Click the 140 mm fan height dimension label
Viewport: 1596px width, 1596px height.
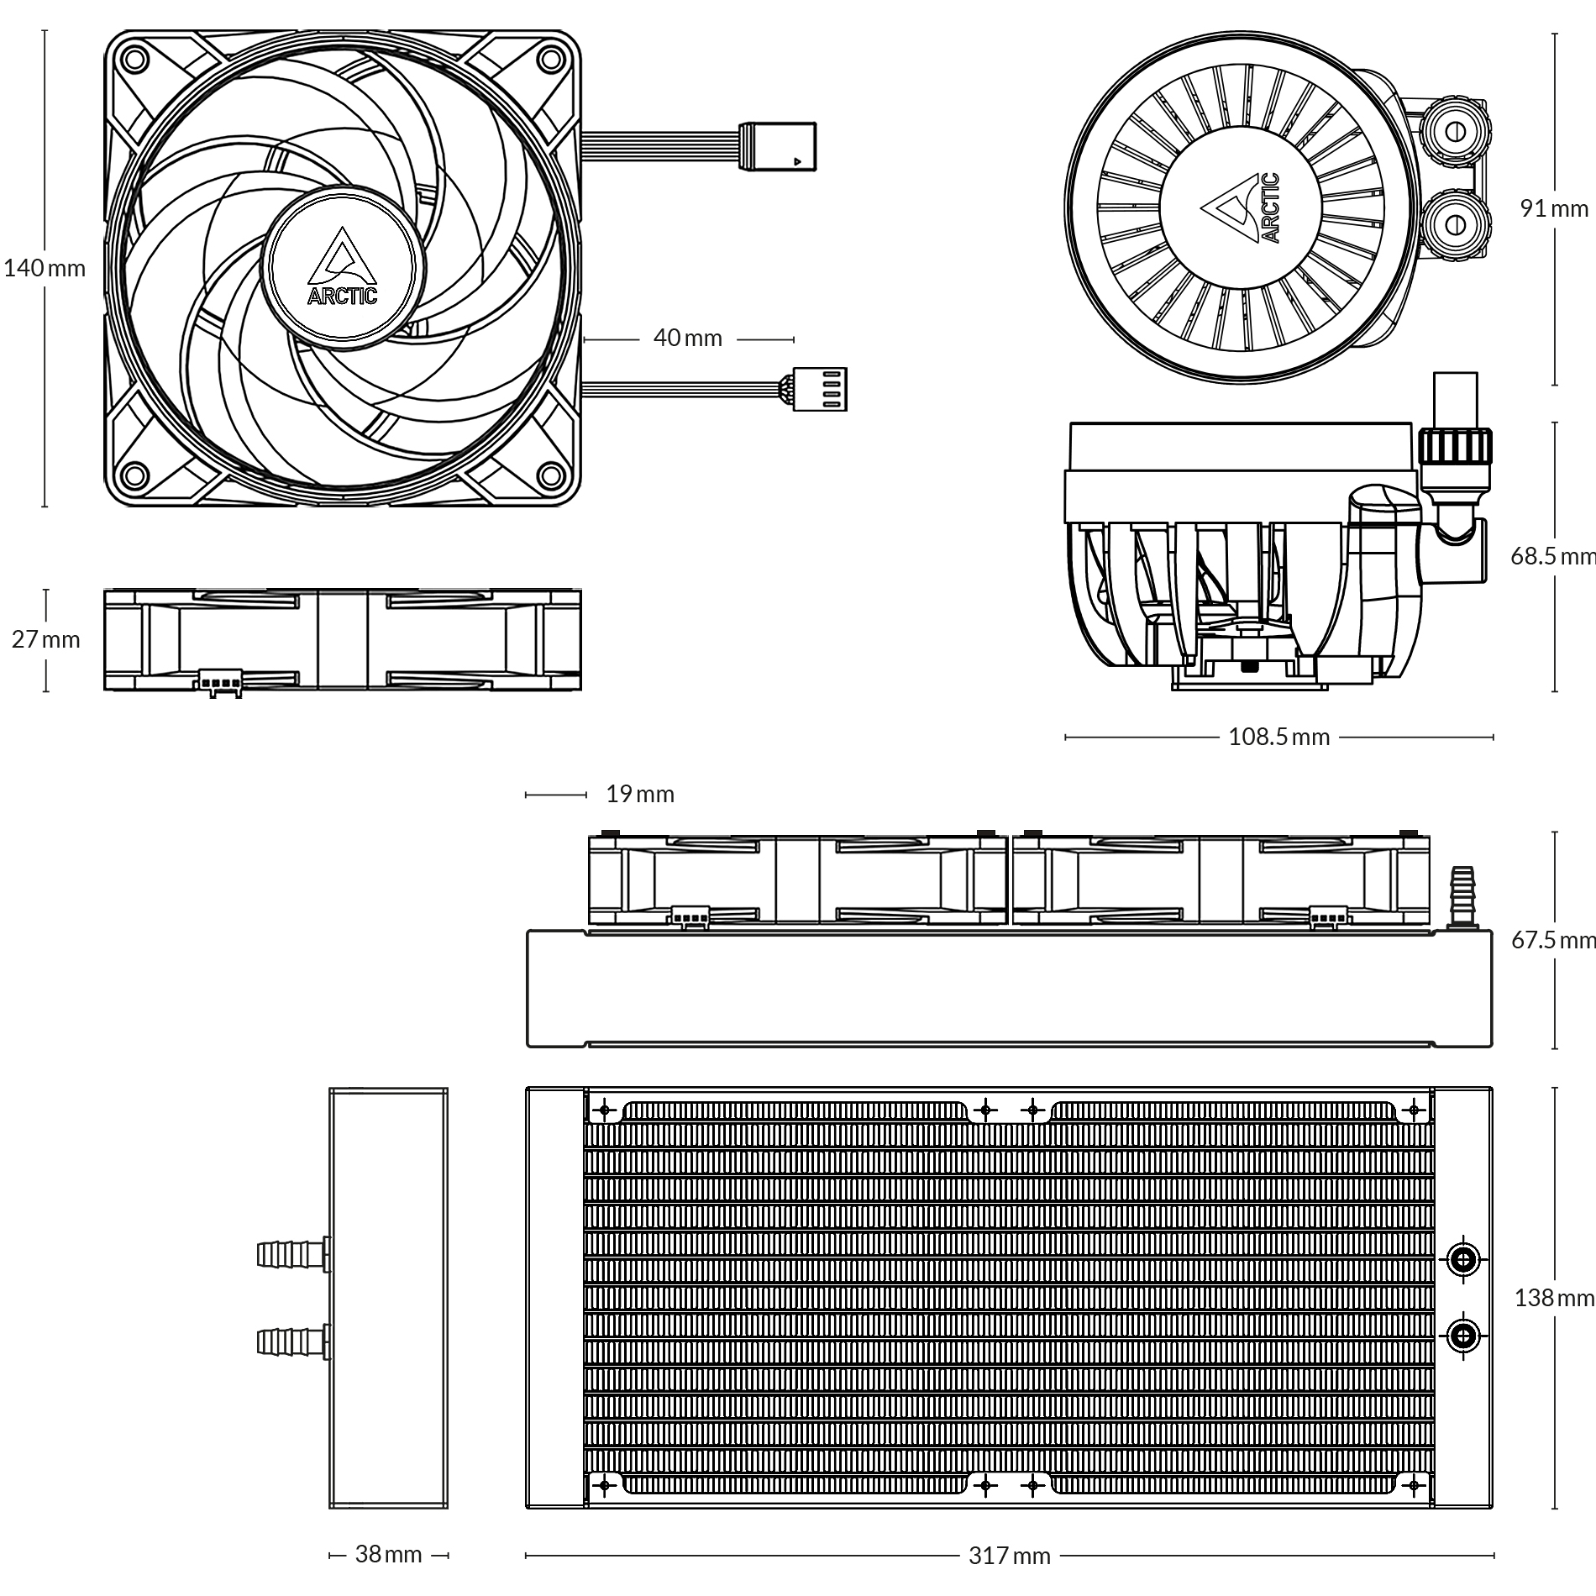[x=45, y=268]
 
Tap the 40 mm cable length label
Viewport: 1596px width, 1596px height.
[x=687, y=338]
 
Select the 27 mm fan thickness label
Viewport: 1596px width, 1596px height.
[x=46, y=639]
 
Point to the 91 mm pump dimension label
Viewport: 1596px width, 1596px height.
[x=1554, y=208]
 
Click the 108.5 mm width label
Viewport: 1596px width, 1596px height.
[x=1278, y=737]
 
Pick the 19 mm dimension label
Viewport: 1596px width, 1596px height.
[x=640, y=794]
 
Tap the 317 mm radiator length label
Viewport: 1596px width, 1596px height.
[x=1009, y=1556]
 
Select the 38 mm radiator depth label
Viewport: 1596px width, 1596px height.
[x=388, y=1554]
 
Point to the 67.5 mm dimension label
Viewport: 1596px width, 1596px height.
[x=1554, y=940]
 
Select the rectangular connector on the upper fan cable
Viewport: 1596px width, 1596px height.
[x=777, y=146]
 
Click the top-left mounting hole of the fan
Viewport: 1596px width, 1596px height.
[x=133, y=59]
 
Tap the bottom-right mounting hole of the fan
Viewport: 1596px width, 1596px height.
[x=551, y=477]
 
